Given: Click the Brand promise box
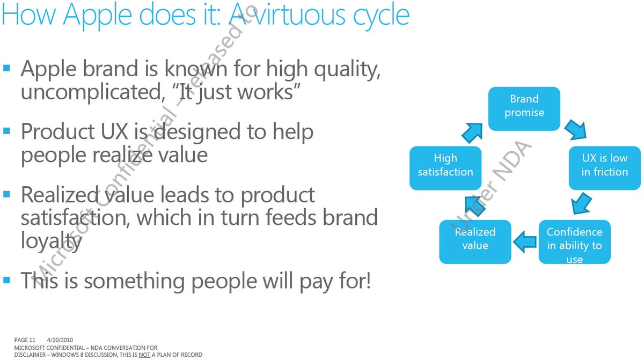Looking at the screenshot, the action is click(524, 108).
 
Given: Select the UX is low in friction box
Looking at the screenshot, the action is click(605, 168).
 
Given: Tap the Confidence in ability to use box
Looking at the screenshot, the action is click(574, 241).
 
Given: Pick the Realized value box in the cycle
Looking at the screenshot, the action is click(475, 241).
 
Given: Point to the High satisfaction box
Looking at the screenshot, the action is click(445, 168).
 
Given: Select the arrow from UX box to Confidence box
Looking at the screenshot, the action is click(581, 203).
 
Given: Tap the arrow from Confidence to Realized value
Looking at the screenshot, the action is click(525, 242).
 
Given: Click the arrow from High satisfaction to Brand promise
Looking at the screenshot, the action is click(472, 133).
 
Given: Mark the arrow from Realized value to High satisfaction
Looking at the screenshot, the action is click(475, 206).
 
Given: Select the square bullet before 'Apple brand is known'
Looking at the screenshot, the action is click(6, 68).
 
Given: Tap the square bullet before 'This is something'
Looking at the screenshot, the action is click(6, 280).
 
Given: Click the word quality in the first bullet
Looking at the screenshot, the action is click(347, 71).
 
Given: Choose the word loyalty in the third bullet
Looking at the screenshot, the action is click(52, 242).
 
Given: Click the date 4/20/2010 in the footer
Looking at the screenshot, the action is click(60, 340).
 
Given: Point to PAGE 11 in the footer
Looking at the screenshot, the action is click(25, 340).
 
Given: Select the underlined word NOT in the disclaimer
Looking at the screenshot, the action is click(144, 355).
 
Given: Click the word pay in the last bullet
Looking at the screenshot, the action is click(317, 282).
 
